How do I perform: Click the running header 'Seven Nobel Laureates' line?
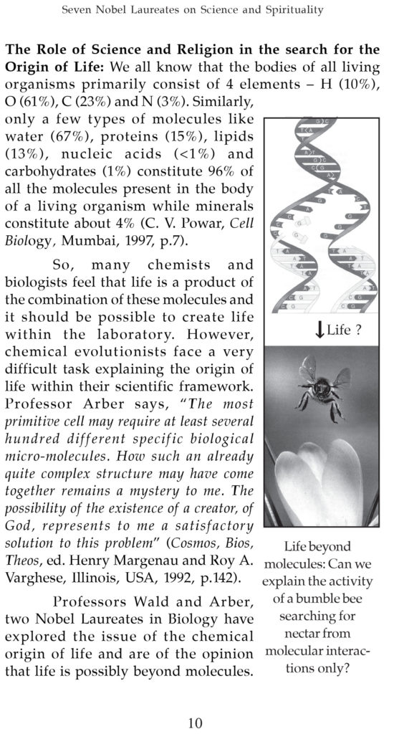pyautogui.click(x=196, y=9)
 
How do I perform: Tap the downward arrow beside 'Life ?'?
pyautogui.click(x=317, y=330)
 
